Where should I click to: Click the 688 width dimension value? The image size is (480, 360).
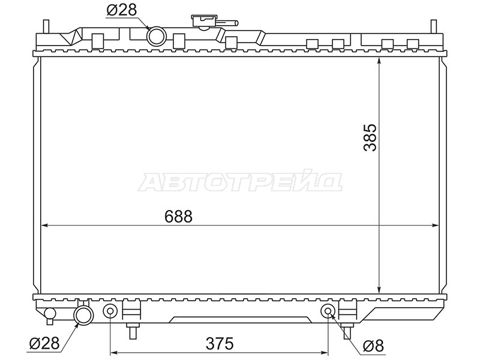click(x=178, y=217)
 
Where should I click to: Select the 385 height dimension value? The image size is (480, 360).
click(x=370, y=137)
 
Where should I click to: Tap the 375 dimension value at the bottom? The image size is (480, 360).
click(x=220, y=343)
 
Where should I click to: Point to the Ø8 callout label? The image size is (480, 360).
click(x=373, y=347)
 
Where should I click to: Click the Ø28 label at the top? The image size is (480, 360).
click(x=122, y=10)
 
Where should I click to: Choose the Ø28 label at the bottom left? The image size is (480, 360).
click(x=44, y=343)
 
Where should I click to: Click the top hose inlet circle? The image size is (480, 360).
click(x=157, y=36)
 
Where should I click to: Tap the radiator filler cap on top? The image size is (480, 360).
click(x=203, y=22)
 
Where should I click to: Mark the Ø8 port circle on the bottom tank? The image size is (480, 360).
click(x=328, y=311)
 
